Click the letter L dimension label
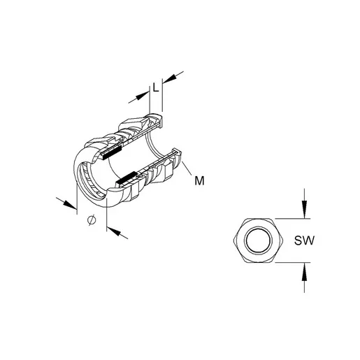click(x=156, y=87)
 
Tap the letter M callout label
click(x=199, y=181)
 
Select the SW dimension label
click(x=304, y=240)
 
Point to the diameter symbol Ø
click(x=92, y=219)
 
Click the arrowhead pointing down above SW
click(x=304, y=209)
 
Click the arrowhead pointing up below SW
click(x=304, y=272)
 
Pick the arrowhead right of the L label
click(x=169, y=79)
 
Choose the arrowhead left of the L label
click(x=143, y=96)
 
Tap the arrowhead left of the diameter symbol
click(x=69, y=204)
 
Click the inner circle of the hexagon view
click(x=258, y=240)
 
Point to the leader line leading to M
click(x=187, y=168)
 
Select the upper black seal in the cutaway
click(x=113, y=152)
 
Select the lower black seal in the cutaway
click(x=126, y=178)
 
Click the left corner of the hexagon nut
click(x=233, y=240)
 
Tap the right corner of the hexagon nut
click(x=283, y=240)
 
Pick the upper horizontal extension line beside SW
click(x=293, y=219)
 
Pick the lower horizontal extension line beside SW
click(x=293, y=262)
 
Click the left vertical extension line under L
click(x=150, y=100)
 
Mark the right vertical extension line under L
click(x=162, y=97)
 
